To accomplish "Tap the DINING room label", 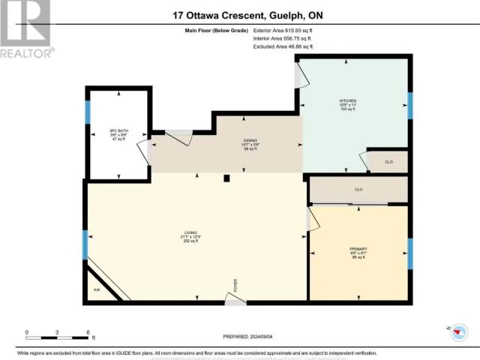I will tap(250, 139).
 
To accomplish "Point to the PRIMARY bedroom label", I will tap(358, 249).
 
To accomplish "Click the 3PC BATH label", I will tap(118, 130).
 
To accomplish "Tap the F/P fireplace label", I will tap(96, 289).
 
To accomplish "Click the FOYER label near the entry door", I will tap(235, 284).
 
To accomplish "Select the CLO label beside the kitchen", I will tap(388, 162).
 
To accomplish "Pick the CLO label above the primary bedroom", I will tap(358, 190).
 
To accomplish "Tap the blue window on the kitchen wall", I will tap(409, 105).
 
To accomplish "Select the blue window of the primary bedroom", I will tap(409, 253).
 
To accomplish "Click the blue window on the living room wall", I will tap(85, 245).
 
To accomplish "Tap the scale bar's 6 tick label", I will tap(88, 332).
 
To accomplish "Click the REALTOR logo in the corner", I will tap(27, 30).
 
